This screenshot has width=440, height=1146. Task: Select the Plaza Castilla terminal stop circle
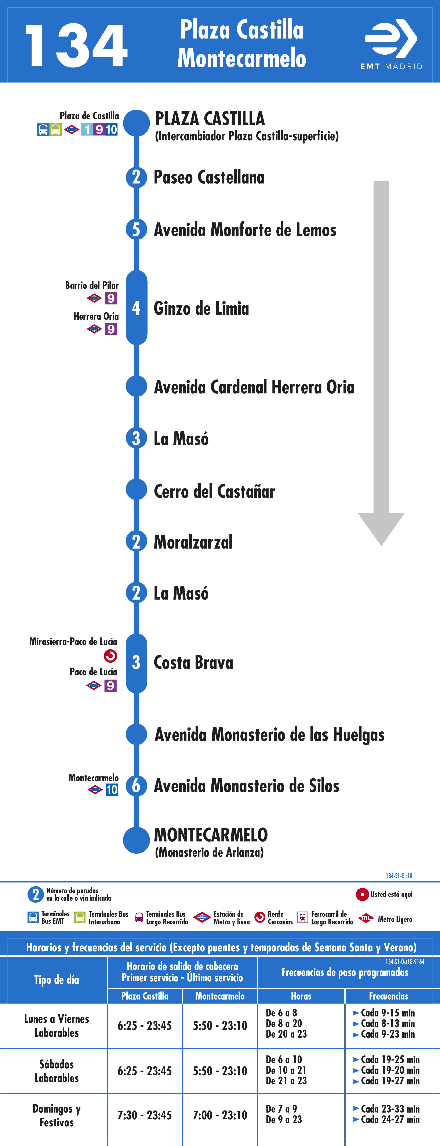[x=136, y=123]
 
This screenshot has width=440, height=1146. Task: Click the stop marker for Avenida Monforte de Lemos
[x=136, y=230]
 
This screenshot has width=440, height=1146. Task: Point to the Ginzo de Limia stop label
[x=201, y=308]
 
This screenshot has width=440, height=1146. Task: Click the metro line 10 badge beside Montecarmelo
[x=112, y=790]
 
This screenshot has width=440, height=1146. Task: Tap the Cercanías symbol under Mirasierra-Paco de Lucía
[x=110, y=656]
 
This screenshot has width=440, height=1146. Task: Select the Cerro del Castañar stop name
[x=214, y=491]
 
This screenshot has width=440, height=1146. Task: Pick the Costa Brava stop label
[x=193, y=662]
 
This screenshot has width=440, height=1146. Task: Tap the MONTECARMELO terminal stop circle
[x=136, y=840]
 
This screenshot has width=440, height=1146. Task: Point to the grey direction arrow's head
[x=381, y=529]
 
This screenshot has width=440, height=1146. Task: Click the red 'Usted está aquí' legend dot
[x=362, y=894]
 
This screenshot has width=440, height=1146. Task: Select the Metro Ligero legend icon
[x=366, y=918]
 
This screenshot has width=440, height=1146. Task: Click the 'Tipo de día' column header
[x=57, y=980]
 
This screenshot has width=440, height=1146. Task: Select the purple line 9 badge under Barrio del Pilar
[x=111, y=298]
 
